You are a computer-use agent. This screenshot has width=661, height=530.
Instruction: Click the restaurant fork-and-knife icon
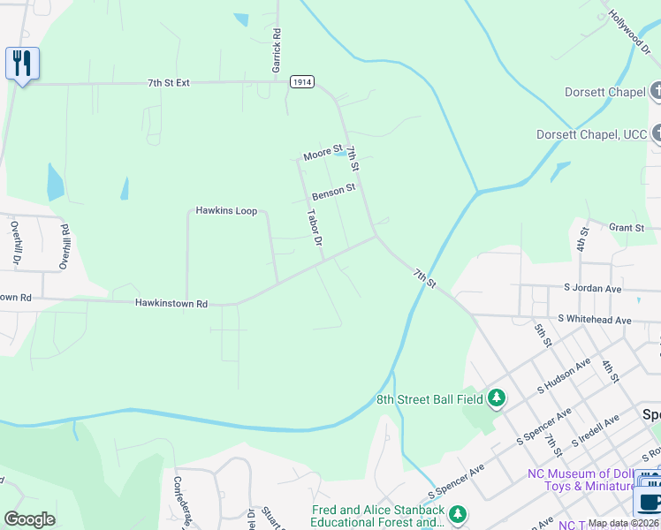(x=22, y=64)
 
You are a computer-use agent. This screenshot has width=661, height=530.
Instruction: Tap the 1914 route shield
(x=301, y=81)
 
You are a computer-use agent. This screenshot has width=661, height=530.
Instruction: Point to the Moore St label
(x=323, y=154)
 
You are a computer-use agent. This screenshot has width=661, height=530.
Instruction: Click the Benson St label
(x=333, y=189)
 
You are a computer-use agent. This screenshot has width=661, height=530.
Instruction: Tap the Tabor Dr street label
(x=314, y=227)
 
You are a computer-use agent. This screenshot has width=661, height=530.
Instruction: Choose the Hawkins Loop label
(x=226, y=211)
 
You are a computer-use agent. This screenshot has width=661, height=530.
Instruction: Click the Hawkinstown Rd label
(x=171, y=304)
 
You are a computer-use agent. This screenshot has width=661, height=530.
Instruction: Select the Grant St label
(x=627, y=228)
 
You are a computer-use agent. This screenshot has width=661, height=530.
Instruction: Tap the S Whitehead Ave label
(x=595, y=320)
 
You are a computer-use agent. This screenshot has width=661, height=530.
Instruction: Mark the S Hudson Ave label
(x=564, y=376)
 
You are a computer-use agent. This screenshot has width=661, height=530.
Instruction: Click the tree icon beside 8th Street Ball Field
(x=497, y=399)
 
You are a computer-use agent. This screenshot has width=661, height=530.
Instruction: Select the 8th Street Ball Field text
(x=430, y=399)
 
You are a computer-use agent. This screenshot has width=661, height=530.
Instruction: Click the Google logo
(x=29, y=519)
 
